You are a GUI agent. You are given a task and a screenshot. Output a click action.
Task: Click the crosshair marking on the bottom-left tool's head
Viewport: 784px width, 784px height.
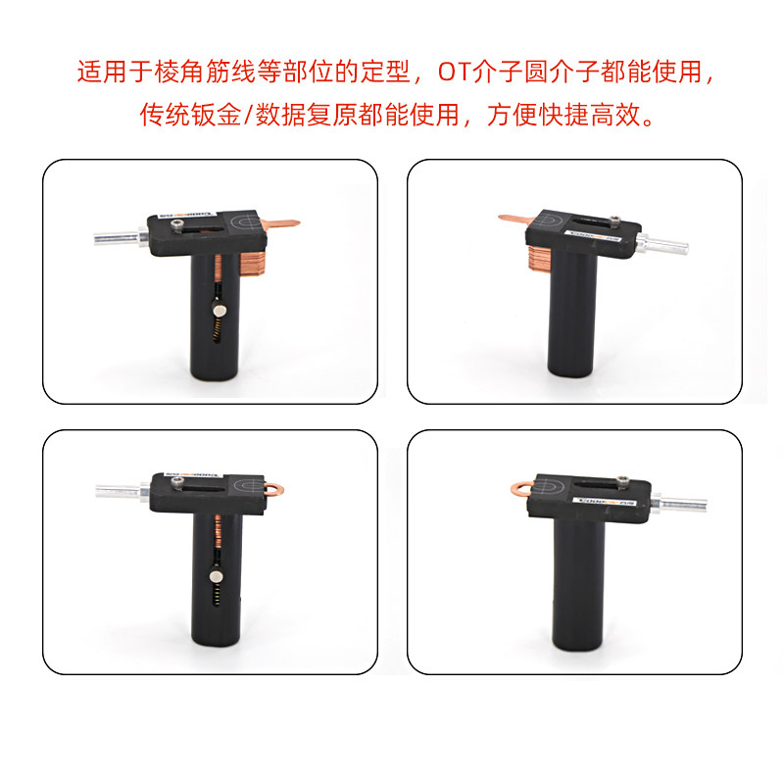247,485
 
